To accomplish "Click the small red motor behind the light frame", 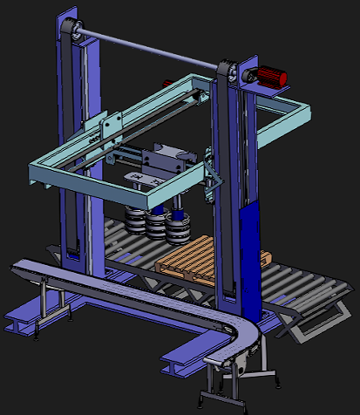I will coord(166,83).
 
